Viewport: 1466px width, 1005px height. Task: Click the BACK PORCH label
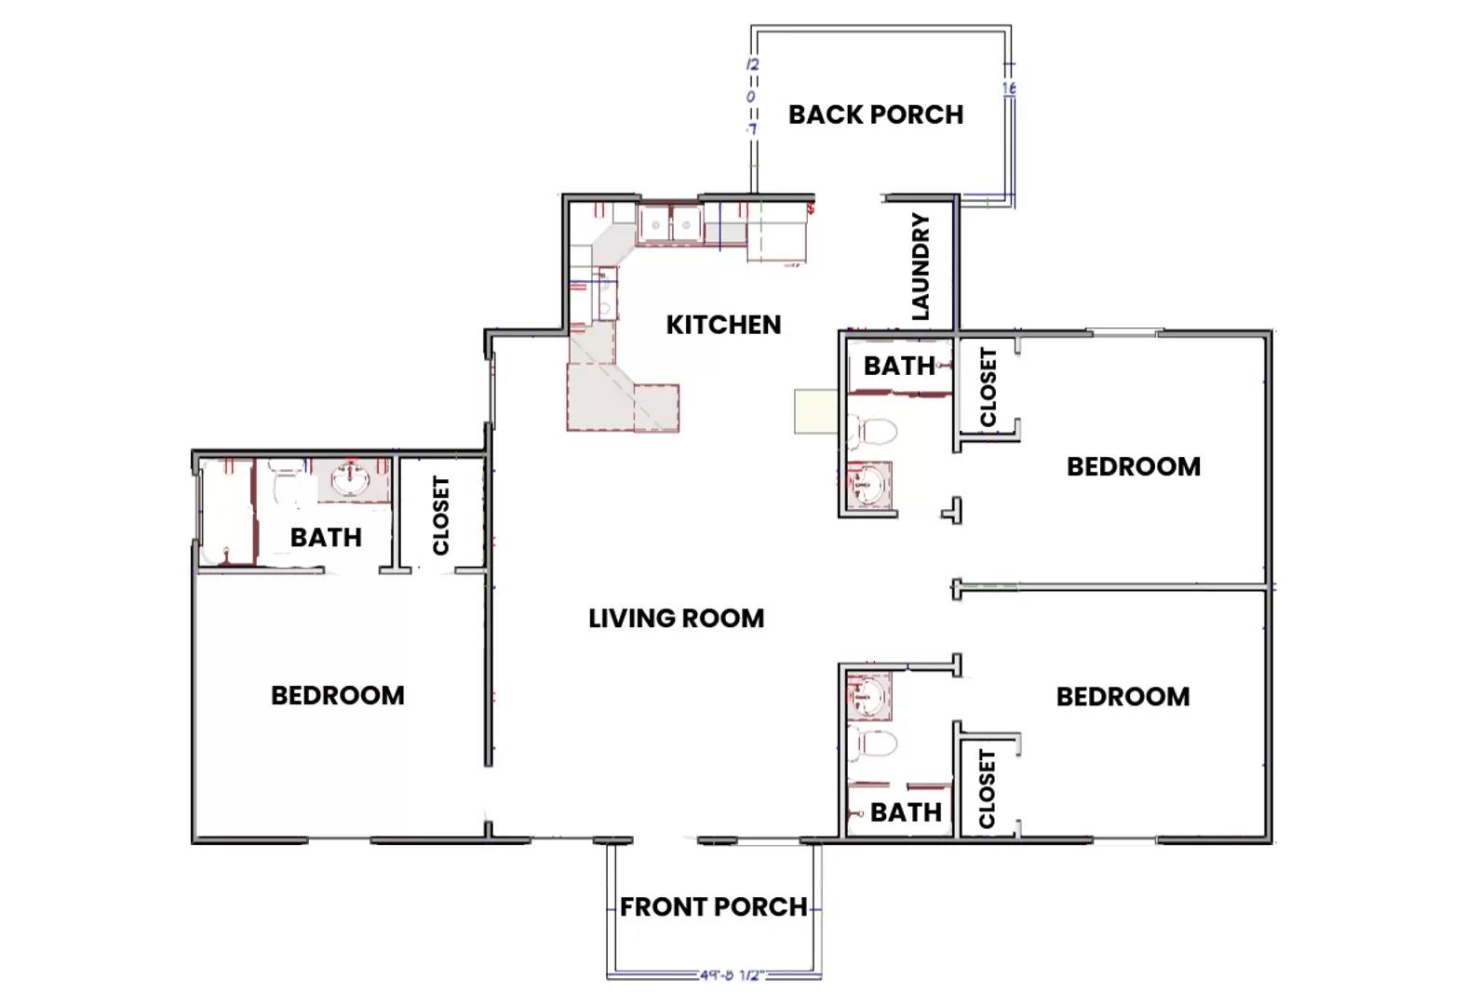click(875, 114)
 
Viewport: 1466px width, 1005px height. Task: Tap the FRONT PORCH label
click(713, 906)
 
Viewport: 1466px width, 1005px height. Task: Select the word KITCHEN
click(723, 325)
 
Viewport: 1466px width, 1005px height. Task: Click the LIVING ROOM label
click(676, 618)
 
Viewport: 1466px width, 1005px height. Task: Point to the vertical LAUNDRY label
click(921, 267)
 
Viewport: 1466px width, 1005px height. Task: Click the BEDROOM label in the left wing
click(337, 695)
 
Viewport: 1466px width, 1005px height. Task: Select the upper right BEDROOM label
click(1133, 466)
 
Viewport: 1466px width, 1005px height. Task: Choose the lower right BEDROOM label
click(1123, 696)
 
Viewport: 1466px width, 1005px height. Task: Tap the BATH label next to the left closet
click(326, 537)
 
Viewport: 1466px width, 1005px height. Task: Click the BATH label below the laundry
click(898, 366)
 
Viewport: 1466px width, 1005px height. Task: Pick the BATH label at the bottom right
click(905, 812)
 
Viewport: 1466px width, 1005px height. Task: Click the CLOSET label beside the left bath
click(441, 516)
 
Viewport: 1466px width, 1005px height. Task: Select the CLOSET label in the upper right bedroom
click(989, 387)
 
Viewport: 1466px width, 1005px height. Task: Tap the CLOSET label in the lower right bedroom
click(988, 789)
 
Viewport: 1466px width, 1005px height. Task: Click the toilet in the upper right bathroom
click(875, 431)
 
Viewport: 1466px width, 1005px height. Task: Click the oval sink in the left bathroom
click(352, 480)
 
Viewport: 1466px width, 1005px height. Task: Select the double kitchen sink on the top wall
click(670, 224)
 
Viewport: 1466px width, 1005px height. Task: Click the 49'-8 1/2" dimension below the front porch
click(732, 975)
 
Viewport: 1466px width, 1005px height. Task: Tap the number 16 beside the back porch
click(1009, 88)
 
